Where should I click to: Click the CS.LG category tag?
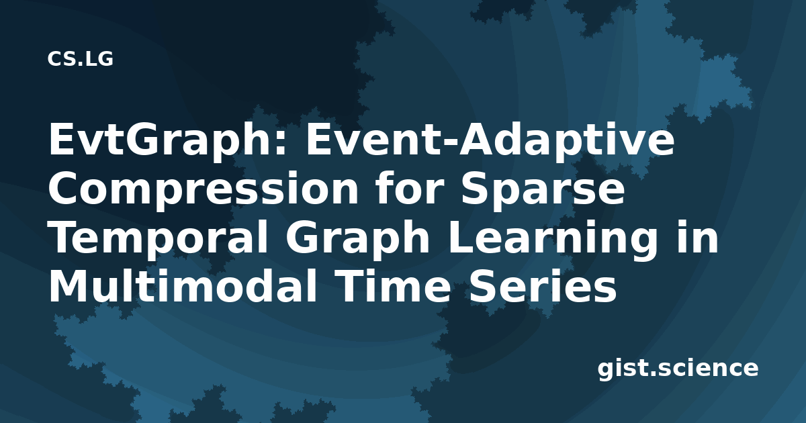click(x=80, y=59)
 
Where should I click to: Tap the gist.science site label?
click(x=678, y=369)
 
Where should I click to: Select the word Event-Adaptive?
click(x=490, y=140)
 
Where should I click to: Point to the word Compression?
click(x=204, y=190)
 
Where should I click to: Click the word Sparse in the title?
click(x=543, y=189)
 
